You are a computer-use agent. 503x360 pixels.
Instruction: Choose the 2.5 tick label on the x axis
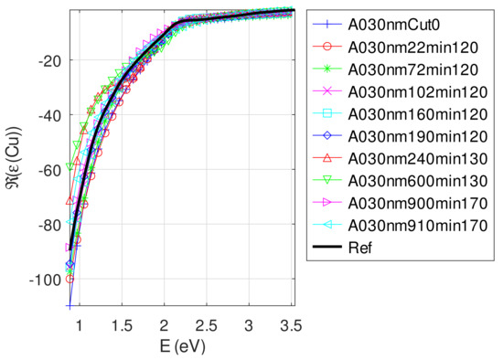click(209, 324)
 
